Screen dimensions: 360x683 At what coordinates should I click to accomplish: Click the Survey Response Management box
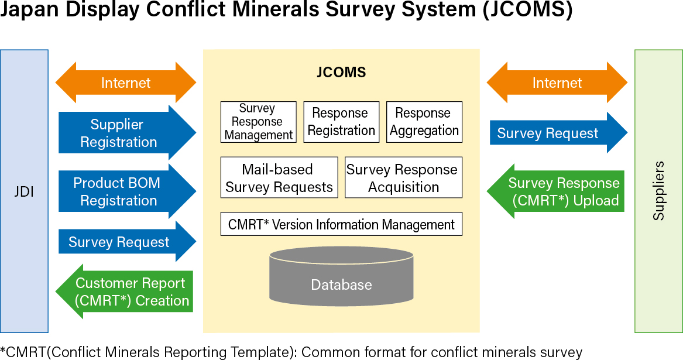pos(258,122)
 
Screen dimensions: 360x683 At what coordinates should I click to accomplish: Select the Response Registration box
pos(341,122)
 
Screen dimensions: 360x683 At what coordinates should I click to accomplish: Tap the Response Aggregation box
pos(424,122)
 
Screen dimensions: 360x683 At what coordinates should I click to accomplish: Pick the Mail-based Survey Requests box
pos(279,177)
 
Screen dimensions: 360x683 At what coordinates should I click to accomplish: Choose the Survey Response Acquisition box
pos(403,177)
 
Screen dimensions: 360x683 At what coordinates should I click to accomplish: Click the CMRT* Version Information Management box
pos(341,224)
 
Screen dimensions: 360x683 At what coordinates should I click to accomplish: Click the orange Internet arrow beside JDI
pos(125,83)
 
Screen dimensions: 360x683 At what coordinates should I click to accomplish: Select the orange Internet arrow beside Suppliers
pos(557,83)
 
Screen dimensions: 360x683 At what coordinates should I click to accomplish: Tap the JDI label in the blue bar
pos(24,191)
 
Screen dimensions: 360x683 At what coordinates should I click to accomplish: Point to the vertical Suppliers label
pos(659,191)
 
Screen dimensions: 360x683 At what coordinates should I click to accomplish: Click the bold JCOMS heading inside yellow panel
pos(341,73)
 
